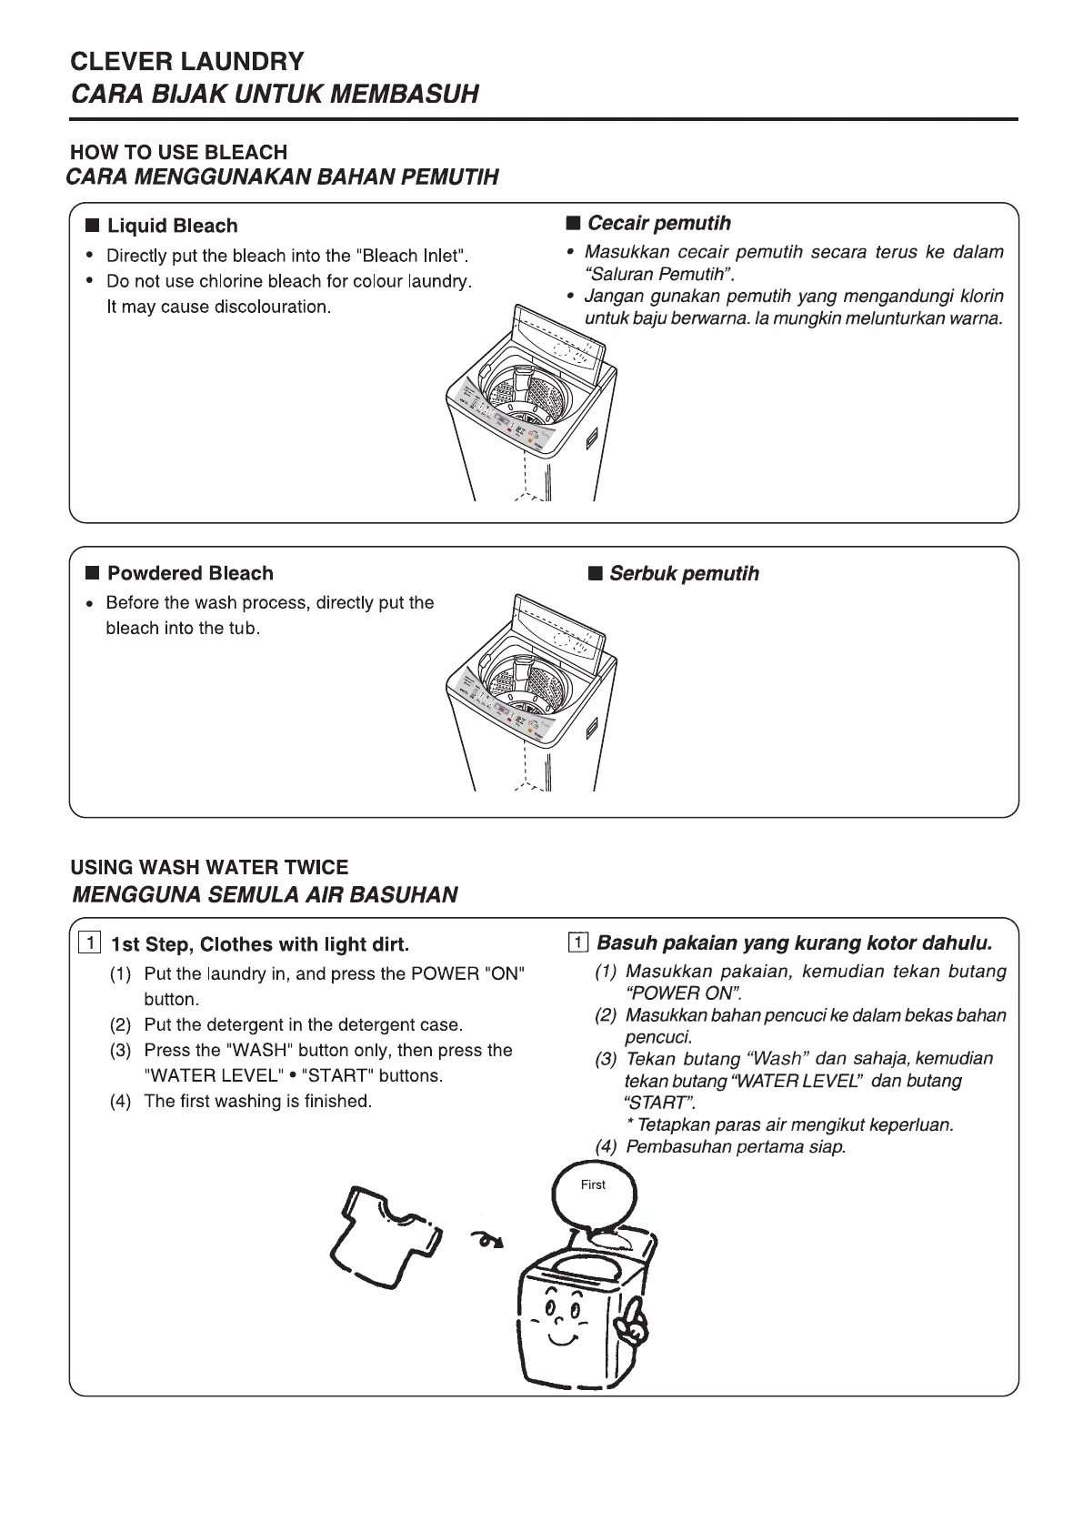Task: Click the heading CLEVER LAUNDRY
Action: [187, 62]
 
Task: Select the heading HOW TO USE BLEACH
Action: [178, 152]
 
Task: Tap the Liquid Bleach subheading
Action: [172, 226]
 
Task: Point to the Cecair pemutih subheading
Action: [658, 223]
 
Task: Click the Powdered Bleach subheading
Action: [190, 573]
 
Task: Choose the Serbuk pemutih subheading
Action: [684, 573]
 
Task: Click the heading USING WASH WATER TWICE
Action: [209, 867]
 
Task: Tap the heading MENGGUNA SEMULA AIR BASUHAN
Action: [264, 894]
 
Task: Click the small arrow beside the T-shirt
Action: [486, 1239]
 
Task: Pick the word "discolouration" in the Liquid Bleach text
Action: [272, 307]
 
